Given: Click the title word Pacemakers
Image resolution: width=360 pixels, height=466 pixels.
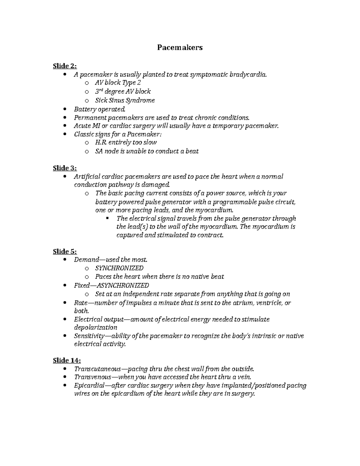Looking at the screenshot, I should tap(180, 47).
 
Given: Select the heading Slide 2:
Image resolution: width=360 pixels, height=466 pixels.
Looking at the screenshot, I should tap(65, 66).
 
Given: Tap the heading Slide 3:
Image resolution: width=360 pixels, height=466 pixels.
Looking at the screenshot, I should tap(65, 168).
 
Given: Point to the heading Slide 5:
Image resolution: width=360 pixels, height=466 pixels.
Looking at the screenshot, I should tap(65, 251).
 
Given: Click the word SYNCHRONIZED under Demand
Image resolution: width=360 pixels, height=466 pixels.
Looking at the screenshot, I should tap(119, 268).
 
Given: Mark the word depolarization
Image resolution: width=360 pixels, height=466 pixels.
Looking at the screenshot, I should tap(95, 327).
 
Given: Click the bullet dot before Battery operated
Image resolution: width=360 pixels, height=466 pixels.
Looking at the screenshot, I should tap(65, 109).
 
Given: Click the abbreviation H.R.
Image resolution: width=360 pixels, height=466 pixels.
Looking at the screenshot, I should tap(101, 142).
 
